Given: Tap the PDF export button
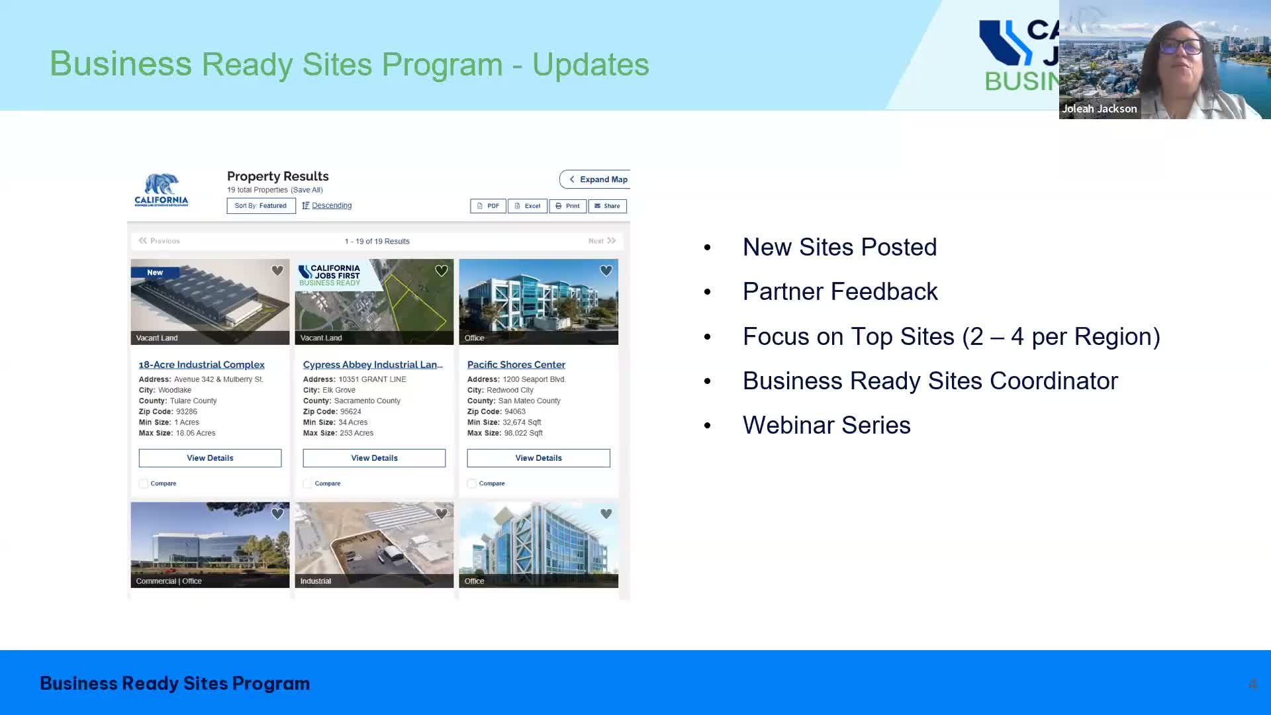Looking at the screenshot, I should (488, 206).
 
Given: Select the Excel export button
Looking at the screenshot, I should (528, 206).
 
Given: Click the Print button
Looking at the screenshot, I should (567, 206).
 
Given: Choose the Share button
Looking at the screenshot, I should (607, 206).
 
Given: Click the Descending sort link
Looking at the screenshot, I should (331, 206).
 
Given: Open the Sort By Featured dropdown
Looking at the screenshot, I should (261, 206).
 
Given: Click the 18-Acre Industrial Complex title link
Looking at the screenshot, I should (201, 365).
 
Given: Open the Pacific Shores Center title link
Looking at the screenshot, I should (516, 365).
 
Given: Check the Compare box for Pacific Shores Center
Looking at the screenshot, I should (471, 484).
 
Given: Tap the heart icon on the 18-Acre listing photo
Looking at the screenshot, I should (277, 271).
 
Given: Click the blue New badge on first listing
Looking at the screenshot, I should (155, 273).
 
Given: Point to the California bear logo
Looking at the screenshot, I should (162, 190).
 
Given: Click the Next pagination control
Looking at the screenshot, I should (602, 241).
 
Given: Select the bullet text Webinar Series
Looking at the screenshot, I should (826, 426).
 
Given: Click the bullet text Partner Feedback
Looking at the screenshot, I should (839, 292).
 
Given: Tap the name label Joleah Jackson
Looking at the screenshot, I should (1099, 109).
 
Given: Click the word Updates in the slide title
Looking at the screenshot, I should (590, 65).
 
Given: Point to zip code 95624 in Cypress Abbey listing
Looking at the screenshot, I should (350, 412).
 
